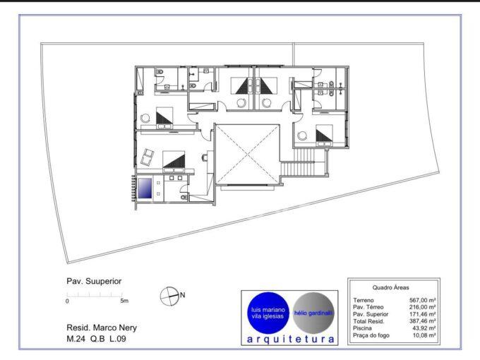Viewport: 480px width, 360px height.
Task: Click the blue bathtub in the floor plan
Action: pyautogui.click(x=145, y=188)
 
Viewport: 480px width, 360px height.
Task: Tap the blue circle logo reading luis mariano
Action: pyautogui.click(x=268, y=313)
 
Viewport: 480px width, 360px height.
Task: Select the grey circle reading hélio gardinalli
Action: pyautogui.click(x=313, y=313)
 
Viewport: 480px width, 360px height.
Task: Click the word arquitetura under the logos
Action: pyautogui.click(x=291, y=340)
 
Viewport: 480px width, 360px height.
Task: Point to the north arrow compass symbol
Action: pyautogui.click(x=169, y=296)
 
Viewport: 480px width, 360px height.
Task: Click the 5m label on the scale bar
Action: pyautogui.click(x=124, y=301)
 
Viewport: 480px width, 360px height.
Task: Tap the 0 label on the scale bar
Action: pyautogui.click(x=67, y=301)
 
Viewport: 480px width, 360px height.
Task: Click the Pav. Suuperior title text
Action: pyautogui.click(x=94, y=281)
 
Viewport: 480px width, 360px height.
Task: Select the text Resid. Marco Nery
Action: pyautogui.click(x=102, y=328)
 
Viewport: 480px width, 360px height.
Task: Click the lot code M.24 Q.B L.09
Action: pyautogui.click(x=96, y=339)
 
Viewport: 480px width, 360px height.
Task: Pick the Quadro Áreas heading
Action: pyautogui.click(x=390, y=287)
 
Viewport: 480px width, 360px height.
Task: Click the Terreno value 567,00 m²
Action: pyautogui.click(x=423, y=300)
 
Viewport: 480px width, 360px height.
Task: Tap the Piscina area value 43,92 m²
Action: pyautogui.click(x=424, y=328)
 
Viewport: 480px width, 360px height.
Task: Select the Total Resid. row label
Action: pyautogui.click(x=368, y=321)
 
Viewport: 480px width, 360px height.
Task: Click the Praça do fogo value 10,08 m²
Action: pyautogui.click(x=424, y=335)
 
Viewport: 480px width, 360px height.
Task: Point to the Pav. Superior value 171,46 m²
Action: pyautogui.click(x=423, y=314)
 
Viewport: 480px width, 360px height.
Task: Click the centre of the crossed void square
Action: pyautogui.click(x=247, y=155)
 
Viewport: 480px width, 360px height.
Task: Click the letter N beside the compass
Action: pyautogui.click(x=183, y=295)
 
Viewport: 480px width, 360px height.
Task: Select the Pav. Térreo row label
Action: pyautogui.click(x=368, y=307)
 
